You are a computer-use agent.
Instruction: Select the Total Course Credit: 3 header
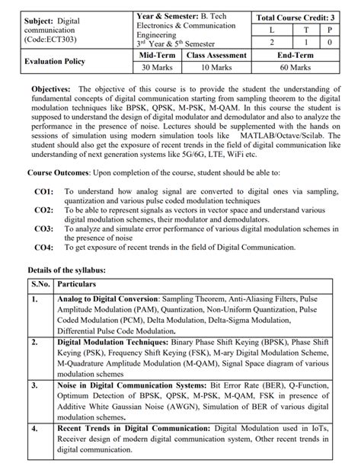click(x=295, y=15)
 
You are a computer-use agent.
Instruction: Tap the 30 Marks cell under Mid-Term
click(x=158, y=67)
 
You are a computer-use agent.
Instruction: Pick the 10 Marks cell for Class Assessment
click(x=216, y=67)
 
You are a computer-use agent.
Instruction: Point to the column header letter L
click(x=272, y=29)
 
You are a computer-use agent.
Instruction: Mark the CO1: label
click(x=43, y=191)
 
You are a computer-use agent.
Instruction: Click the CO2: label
click(x=43, y=209)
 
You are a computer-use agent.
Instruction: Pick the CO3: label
click(x=43, y=227)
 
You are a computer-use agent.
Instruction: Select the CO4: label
click(x=43, y=245)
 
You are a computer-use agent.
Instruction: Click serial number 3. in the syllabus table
click(x=35, y=387)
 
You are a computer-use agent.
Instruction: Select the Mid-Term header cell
click(x=158, y=55)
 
